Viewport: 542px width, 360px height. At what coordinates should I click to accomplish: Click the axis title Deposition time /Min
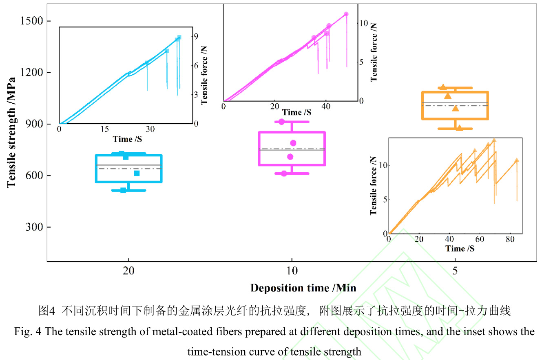303,288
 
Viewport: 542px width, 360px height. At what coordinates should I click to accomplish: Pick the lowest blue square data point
123,190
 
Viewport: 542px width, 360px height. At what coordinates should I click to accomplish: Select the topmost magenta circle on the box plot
281,122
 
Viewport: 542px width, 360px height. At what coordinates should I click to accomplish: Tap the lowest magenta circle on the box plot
284,173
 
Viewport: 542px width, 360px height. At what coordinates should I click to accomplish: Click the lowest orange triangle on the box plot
459,128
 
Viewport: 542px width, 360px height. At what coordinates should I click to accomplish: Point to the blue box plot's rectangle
129,168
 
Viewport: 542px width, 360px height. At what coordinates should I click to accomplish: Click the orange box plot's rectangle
455,105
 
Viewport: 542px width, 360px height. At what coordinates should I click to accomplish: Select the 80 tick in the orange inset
510,239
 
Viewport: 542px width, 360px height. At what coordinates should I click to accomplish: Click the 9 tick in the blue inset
196,37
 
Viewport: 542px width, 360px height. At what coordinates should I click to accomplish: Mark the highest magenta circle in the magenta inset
346,14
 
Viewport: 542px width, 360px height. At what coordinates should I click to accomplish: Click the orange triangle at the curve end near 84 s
517,160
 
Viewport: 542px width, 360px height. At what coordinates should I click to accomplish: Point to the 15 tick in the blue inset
105,129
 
